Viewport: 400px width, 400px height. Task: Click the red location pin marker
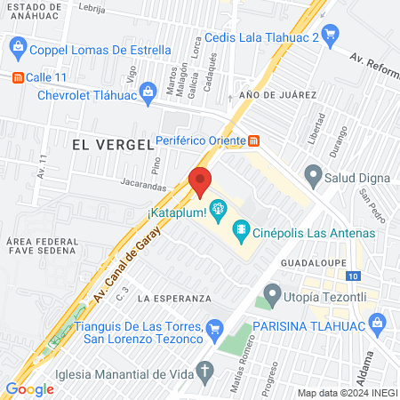coord(201,182)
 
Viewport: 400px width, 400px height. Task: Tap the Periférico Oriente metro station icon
coord(254,140)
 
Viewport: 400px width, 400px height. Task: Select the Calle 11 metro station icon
coord(17,77)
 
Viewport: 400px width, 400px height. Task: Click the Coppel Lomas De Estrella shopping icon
coord(17,49)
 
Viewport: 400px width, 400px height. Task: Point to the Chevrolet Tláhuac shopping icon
coord(148,97)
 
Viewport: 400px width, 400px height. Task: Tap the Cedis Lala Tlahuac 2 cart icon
coord(331,37)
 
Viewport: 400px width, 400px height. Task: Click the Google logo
coord(29,388)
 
